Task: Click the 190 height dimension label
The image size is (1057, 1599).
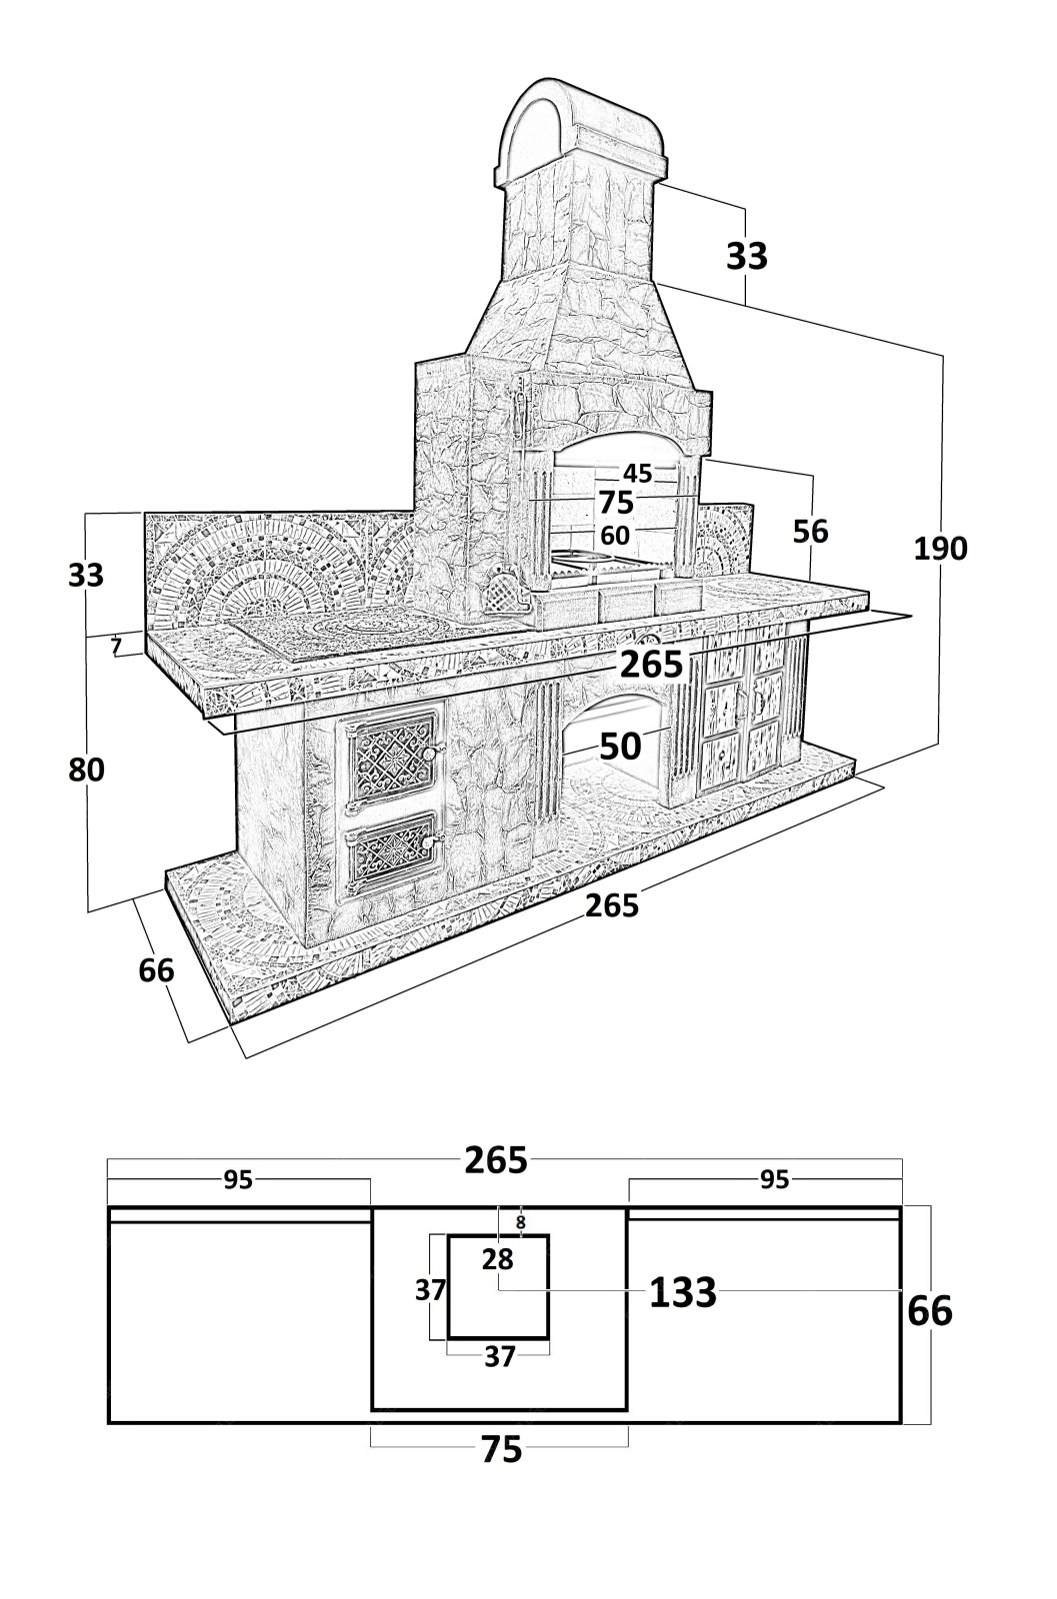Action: click(940, 548)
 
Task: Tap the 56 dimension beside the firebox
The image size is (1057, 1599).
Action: click(811, 531)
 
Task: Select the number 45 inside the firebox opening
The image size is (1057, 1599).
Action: click(638, 473)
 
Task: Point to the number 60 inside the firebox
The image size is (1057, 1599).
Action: click(615, 536)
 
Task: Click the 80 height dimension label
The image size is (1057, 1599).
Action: click(85, 770)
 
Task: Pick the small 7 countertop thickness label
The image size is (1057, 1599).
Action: click(117, 646)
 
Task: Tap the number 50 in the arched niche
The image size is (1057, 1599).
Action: click(620, 746)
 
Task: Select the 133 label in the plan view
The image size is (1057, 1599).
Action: click(683, 1293)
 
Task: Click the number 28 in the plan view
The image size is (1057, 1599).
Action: click(497, 1259)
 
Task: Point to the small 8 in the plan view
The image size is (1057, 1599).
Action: click(520, 1221)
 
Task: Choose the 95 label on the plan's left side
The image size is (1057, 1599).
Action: click(237, 1180)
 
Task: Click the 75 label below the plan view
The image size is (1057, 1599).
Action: click(501, 1449)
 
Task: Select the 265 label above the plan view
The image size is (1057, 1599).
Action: click(496, 1160)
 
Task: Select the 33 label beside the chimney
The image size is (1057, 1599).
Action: click(746, 256)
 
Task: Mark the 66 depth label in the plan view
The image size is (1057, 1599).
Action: click(929, 1311)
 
